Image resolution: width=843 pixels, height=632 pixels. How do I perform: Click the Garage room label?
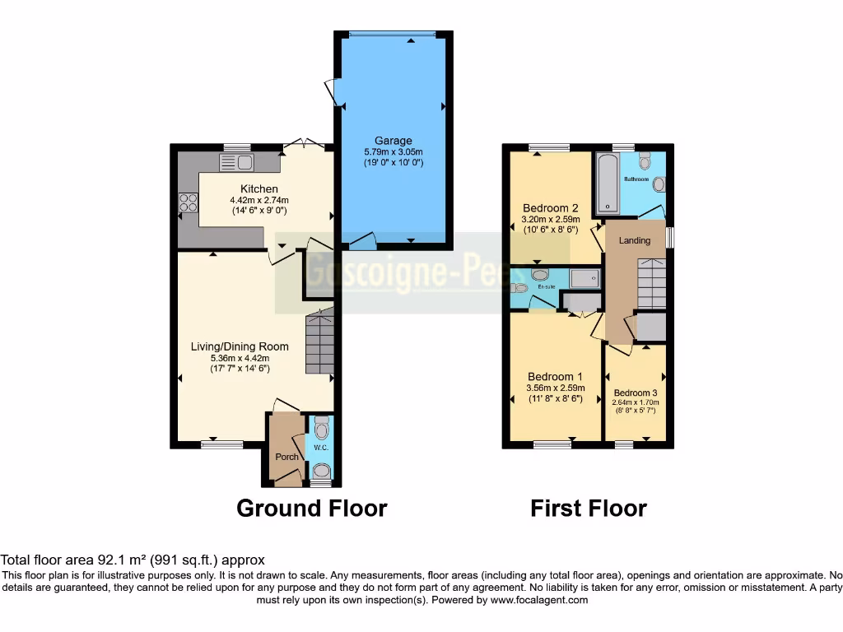393,141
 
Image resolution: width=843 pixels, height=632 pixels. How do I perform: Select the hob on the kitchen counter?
188,202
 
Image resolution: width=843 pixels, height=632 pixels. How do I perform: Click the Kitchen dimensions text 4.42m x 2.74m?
252,200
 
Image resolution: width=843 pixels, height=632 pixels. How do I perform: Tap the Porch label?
286,458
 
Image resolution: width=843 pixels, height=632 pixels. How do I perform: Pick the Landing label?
635,241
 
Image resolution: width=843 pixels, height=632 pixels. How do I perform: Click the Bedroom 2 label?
551,207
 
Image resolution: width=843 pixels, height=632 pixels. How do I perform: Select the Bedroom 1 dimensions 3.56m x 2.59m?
555,388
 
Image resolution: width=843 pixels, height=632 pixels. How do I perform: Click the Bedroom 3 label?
636,393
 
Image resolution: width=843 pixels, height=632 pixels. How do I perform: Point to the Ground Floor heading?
311,508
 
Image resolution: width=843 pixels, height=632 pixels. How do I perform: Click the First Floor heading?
588,508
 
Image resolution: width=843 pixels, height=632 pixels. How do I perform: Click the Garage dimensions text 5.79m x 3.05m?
393,152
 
